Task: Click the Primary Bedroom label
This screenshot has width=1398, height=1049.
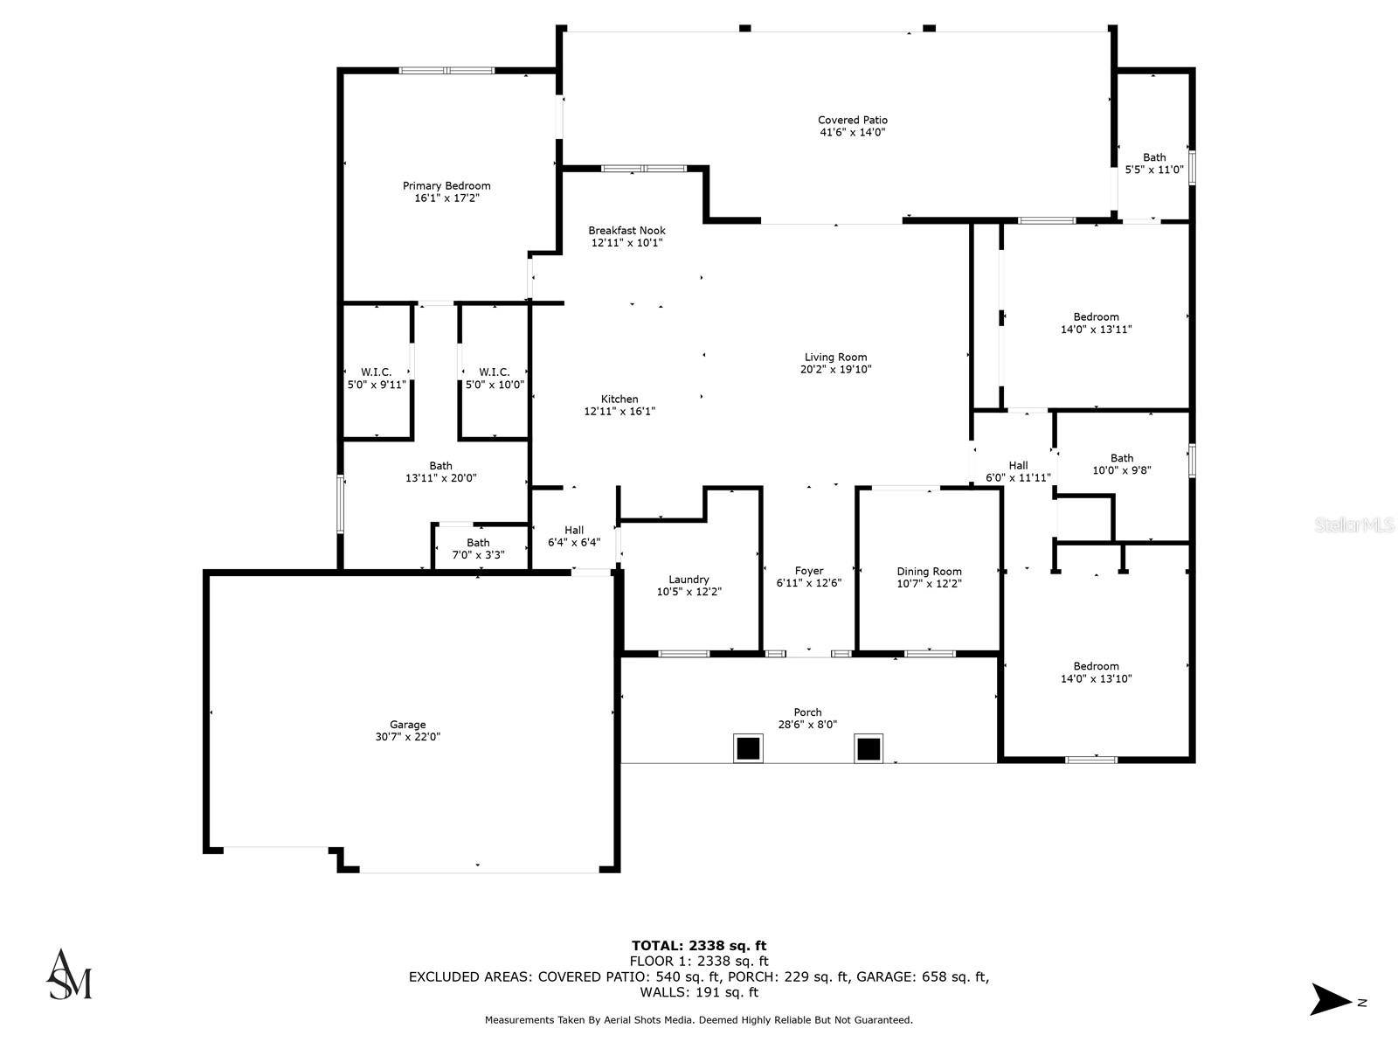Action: [x=446, y=185]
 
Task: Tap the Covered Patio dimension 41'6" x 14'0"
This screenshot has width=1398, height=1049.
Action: [x=852, y=133]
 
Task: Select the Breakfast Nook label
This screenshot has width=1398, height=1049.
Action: [x=626, y=231]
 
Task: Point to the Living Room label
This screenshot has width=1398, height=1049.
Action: [x=835, y=357]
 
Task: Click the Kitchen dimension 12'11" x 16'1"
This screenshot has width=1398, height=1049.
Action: [x=619, y=411]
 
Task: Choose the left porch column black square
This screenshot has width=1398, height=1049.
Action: [x=747, y=748]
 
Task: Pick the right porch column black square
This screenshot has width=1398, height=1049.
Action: [x=868, y=748]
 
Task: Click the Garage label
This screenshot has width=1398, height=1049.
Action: [x=407, y=724]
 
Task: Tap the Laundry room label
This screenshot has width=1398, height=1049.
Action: [x=689, y=580]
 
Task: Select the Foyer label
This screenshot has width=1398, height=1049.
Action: [x=809, y=571]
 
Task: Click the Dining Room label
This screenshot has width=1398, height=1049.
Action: [x=929, y=571]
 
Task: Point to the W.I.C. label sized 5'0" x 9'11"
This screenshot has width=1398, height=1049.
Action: [x=377, y=372]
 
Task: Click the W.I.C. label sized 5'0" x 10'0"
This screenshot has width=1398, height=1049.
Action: [x=495, y=372]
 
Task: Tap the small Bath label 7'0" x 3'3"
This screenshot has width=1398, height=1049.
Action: [x=478, y=543]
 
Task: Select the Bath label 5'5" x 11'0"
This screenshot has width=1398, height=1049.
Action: [x=1154, y=157]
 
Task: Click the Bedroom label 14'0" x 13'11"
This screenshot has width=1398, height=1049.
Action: [x=1096, y=317]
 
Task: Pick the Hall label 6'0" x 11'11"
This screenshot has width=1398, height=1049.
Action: [x=1018, y=466]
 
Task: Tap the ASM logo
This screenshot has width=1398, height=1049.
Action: [x=69, y=974]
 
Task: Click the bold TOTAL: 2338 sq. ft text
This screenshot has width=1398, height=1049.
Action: [x=699, y=945]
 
